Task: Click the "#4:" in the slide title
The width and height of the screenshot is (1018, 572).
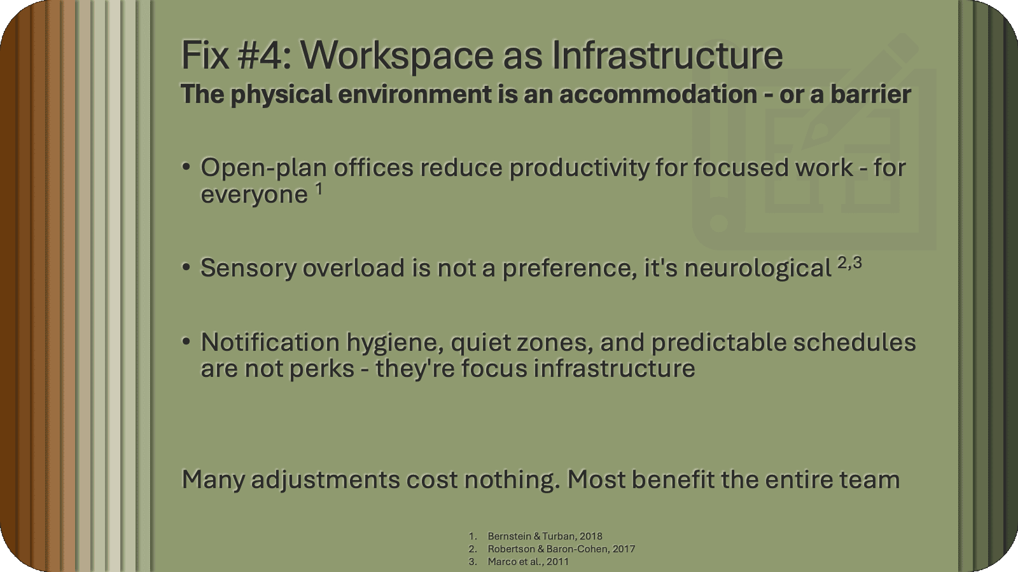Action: pyautogui.click(x=263, y=55)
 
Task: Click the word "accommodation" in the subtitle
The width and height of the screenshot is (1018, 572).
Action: pyautogui.click(x=658, y=94)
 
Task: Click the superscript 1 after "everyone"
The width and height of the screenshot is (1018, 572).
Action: pyautogui.click(x=319, y=189)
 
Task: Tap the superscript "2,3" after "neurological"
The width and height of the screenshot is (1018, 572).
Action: pyautogui.click(x=849, y=262)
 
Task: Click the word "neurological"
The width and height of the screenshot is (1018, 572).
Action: pyautogui.click(x=758, y=269)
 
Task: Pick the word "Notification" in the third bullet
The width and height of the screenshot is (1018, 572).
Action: pyautogui.click(x=270, y=343)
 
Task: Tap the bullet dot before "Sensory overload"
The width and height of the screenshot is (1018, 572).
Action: pyautogui.click(x=186, y=268)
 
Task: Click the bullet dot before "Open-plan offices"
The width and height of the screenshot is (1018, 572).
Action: pyautogui.click(x=186, y=167)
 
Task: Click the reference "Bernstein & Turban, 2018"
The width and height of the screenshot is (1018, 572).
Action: pyautogui.click(x=545, y=536)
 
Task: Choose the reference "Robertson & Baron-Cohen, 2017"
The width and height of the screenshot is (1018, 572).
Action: pyautogui.click(x=561, y=549)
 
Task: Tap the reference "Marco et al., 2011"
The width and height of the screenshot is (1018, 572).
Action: pyautogui.click(x=528, y=562)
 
